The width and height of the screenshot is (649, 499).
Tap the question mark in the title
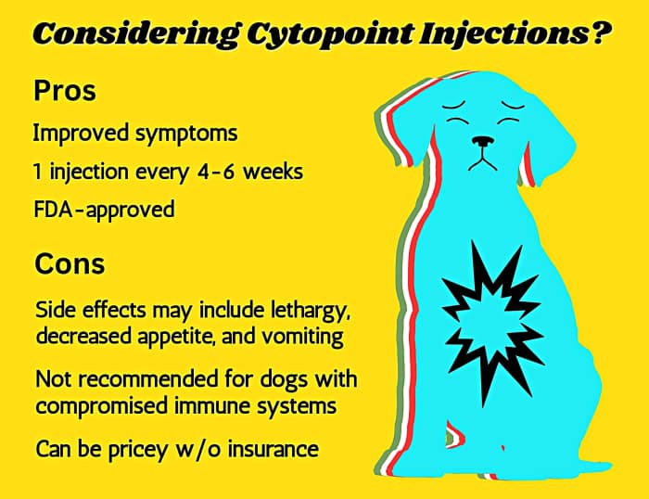pos(600,34)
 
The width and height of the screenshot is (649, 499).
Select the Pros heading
pos(66,92)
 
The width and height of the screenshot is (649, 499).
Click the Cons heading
pos(70,263)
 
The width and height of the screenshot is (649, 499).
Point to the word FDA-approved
pos(104,209)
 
